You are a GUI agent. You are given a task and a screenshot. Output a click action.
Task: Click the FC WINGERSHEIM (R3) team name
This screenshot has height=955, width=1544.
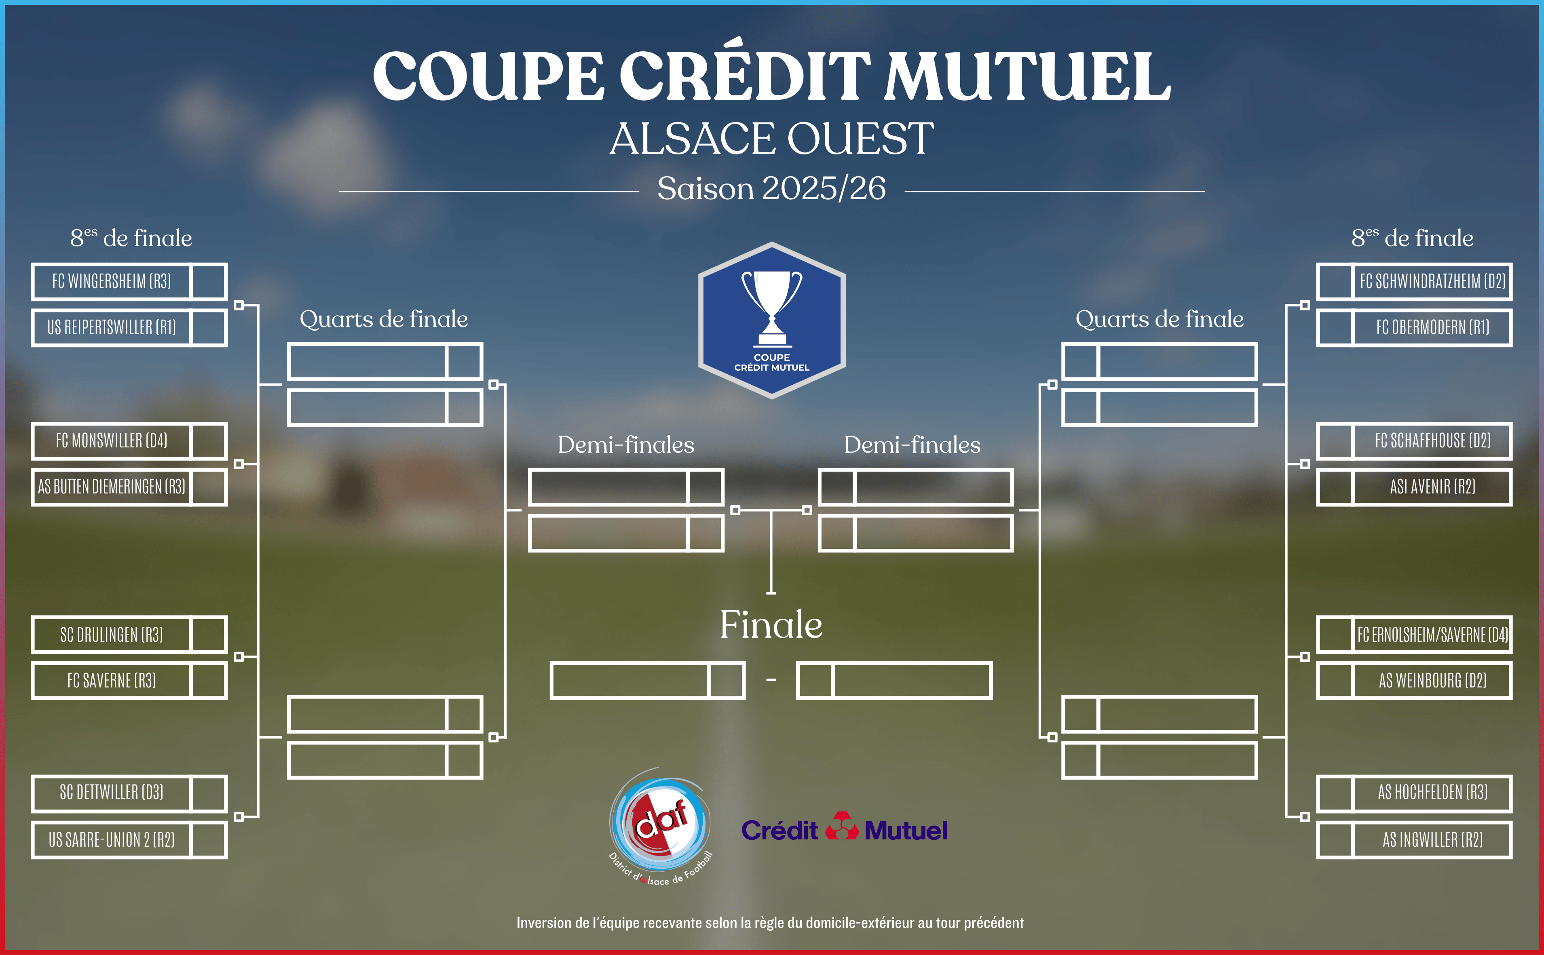point(112,281)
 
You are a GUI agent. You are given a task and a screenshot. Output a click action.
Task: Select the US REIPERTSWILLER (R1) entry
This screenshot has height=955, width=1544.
point(112,327)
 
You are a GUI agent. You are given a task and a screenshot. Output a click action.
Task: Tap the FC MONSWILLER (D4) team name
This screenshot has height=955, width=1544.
point(112,440)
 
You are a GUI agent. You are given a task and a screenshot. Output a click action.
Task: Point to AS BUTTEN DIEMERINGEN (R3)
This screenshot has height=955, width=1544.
point(112,486)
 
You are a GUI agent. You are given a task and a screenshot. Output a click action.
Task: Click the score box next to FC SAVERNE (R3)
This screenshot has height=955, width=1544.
point(209,680)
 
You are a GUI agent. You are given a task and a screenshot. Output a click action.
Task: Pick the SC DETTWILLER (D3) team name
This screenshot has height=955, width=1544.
point(112,792)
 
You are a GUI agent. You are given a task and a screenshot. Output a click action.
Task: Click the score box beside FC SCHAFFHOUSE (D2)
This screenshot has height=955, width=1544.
point(1335,440)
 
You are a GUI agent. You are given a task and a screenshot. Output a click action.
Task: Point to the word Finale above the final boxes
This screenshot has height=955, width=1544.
point(771,625)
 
